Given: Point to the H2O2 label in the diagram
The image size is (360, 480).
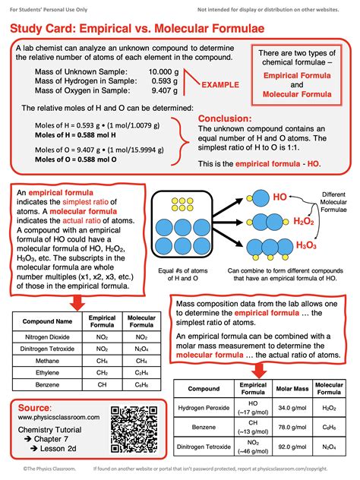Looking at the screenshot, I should coord(306,221).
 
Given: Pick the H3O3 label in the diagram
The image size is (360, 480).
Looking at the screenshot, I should coord(306,245).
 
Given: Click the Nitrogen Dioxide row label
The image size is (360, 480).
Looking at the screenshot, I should coord(46,336).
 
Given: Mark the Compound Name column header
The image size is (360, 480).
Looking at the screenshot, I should coord(46,320).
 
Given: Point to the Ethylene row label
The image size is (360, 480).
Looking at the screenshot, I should coord(46,373).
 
